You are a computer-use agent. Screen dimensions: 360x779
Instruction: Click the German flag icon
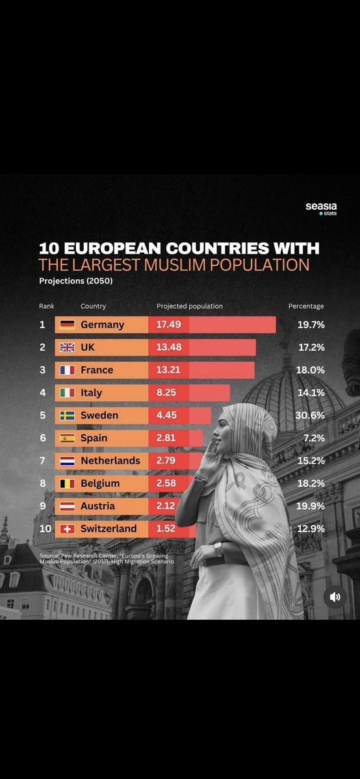click(x=67, y=325)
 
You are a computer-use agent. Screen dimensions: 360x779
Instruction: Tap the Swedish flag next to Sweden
click(x=67, y=415)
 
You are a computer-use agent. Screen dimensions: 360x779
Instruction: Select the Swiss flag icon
click(x=67, y=529)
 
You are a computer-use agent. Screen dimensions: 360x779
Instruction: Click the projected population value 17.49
click(x=168, y=325)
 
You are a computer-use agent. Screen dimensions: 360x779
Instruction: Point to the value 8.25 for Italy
click(x=166, y=392)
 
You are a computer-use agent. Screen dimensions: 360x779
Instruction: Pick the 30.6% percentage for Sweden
click(x=310, y=415)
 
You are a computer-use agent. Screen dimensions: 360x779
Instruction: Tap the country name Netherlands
click(x=110, y=461)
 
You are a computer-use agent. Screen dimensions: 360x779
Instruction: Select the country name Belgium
click(x=100, y=483)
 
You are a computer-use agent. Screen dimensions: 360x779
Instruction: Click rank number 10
click(x=45, y=529)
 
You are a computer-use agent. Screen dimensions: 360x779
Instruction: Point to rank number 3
click(x=42, y=370)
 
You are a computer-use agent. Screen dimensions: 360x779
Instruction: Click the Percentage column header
click(x=306, y=306)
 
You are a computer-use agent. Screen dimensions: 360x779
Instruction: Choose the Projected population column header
click(x=190, y=307)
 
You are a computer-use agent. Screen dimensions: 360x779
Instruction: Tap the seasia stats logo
click(x=321, y=208)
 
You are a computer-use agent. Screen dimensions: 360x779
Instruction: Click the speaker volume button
click(x=335, y=596)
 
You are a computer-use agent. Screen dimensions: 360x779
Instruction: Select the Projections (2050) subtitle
click(x=75, y=281)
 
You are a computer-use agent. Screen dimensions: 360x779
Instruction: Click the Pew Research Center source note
click(x=107, y=558)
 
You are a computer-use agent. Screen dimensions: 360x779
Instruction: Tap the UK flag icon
click(x=67, y=348)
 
